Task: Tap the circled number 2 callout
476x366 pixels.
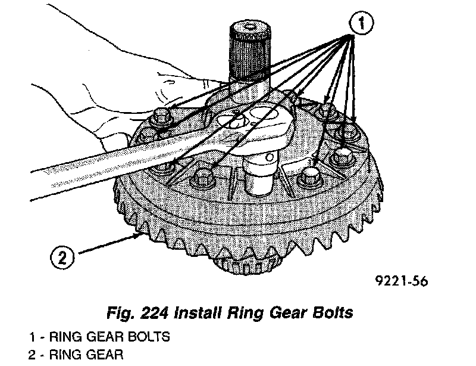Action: coord(63,258)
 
